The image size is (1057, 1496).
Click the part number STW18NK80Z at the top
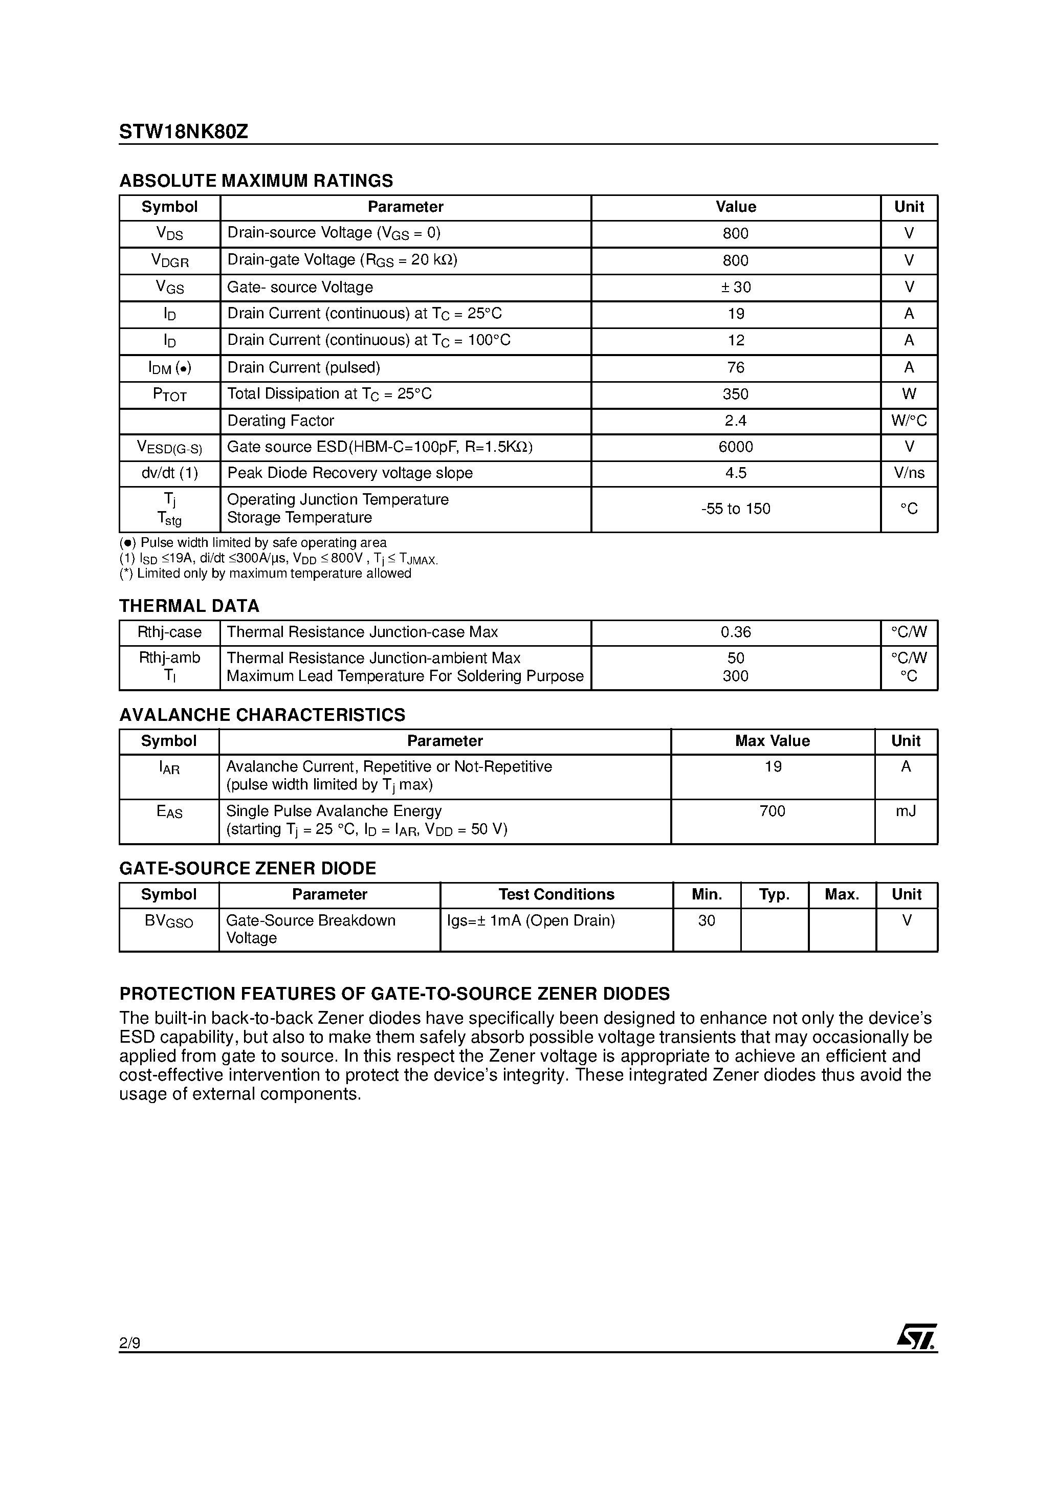183,133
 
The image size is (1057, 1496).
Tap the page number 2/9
129,1343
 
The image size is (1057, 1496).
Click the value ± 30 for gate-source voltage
735,288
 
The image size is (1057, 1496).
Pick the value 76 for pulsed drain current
735,367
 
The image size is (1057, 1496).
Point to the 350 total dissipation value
735,394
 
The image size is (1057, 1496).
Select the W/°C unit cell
909,421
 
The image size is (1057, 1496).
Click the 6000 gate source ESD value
735,447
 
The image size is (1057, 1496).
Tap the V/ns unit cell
909,473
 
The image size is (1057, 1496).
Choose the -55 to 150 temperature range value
735,509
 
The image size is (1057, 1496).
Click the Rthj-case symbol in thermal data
169,632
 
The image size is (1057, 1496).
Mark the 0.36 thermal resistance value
735,632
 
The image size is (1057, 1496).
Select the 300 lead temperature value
735,676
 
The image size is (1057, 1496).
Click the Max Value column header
772,741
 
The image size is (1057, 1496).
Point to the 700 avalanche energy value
772,811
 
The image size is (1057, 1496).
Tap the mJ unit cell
905,811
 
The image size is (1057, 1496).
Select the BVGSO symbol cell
169,921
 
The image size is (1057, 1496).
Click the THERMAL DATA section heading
189,606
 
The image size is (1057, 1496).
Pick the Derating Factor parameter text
280,421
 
